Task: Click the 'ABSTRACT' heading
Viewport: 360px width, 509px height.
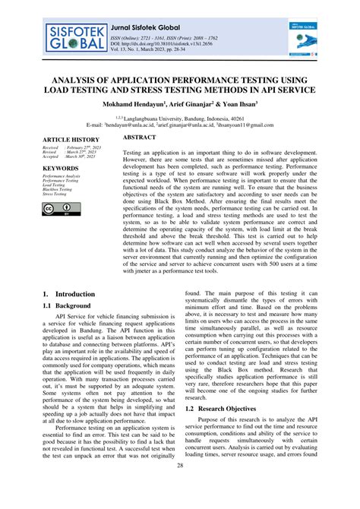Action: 140,138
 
